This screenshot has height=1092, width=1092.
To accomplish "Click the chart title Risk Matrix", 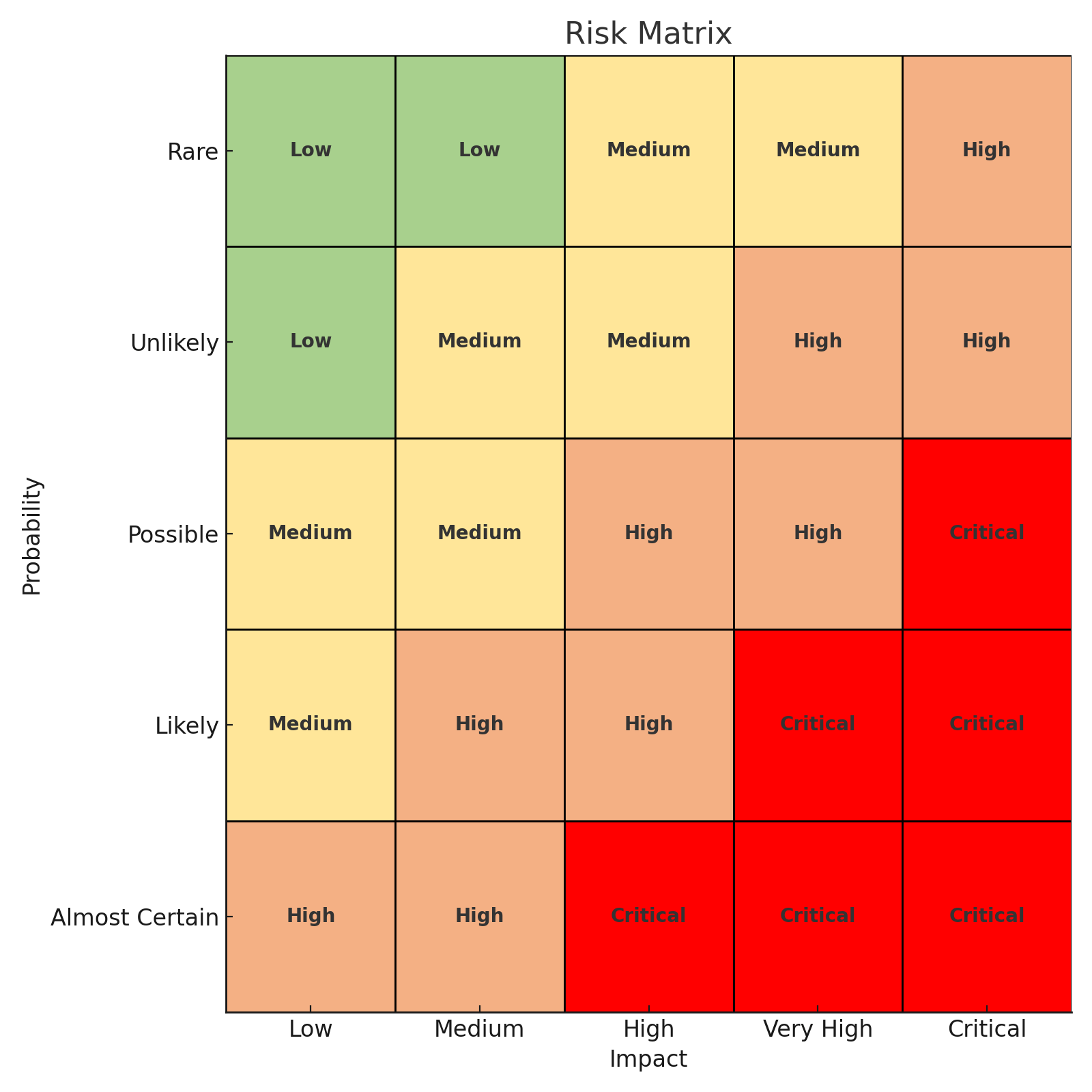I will point(648,34).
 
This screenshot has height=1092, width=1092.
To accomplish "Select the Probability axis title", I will point(32,536).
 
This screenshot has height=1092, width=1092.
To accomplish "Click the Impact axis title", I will point(648,1059).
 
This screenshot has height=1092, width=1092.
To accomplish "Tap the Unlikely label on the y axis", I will point(174,343).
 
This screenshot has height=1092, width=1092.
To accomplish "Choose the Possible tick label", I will point(173,535).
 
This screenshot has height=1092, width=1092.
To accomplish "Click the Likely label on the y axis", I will point(186,726).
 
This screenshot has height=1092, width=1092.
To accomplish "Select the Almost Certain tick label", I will point(134,918).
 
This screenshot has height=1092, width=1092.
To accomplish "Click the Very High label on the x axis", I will point(818,1029).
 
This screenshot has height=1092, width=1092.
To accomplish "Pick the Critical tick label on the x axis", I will point(987,1029).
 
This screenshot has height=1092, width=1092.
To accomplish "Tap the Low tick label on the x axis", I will point(311,1029).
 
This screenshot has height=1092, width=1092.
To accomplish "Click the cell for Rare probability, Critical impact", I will point(987,151).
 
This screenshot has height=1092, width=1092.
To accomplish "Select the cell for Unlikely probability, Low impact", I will point(311,342).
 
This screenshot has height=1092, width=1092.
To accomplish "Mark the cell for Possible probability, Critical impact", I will point(987,534).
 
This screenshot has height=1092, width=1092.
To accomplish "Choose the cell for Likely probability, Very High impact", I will point(818,725).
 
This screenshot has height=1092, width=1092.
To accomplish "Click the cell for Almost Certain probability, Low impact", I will point(311,917).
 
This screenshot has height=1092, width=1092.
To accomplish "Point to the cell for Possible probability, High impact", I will point(648,534).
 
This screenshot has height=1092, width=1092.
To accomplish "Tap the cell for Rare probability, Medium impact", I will point(480,151).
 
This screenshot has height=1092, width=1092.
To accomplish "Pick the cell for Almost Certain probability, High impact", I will point(648,917).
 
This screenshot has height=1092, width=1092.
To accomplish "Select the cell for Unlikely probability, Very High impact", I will point(818,342).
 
